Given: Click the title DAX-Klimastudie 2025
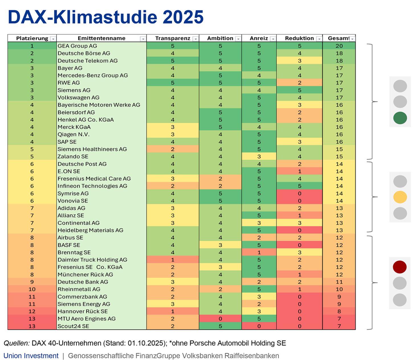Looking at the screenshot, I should pos(106,17).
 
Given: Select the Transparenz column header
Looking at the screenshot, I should pos(173,38).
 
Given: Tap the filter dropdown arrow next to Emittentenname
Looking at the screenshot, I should pos(143,39).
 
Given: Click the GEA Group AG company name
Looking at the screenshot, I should pos(77,46).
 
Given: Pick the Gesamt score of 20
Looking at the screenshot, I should pos(339,46).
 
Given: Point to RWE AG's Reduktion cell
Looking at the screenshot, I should pos(299,83).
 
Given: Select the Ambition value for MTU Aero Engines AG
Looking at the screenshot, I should pos(220,319).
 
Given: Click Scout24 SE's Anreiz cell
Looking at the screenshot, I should pos(259,326).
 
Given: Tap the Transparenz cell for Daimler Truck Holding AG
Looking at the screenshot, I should pos(173,260).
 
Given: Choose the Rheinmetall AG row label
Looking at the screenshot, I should pos(79,289).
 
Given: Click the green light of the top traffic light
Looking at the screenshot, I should pos(400,118).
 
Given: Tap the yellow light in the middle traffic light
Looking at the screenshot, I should pos(400,197).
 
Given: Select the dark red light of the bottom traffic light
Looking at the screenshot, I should pos(400,267).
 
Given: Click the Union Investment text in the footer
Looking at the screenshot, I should pos(31,356).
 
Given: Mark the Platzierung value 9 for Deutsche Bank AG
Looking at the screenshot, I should pos(32,282).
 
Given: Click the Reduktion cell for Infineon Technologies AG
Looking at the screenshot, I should pos(299,186).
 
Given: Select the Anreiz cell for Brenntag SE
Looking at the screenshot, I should pos(259,252).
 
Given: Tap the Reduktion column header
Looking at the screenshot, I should pos(299,38).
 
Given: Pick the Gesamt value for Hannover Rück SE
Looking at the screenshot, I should pos(339,311).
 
